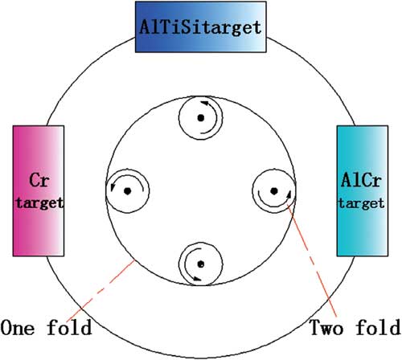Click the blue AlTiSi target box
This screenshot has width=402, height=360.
point(201,27)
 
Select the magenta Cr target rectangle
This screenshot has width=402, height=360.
point(39,191)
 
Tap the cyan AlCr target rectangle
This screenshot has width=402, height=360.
point(363,191)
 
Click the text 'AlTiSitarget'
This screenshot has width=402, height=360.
point(200,27)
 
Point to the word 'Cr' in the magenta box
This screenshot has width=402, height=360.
point(39,180)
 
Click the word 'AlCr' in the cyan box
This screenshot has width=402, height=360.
point(361,180)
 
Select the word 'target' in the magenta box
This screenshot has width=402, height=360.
point(39,202)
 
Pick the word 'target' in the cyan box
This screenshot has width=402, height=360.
point(362,203)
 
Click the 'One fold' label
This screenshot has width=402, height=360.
point(46,327)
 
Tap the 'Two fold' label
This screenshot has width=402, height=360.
point(355,327)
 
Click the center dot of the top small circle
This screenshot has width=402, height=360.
point(201,118)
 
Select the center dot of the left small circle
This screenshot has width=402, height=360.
point(128,191)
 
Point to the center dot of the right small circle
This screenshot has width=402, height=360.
point(274,191)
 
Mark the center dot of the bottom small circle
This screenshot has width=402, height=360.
point(201,264)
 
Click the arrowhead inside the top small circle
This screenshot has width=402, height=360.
point(205,103)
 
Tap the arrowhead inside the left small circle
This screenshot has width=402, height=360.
point(113,187)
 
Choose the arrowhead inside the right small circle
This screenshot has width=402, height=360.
point(289,194)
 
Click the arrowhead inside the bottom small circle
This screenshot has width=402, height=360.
point(197,279)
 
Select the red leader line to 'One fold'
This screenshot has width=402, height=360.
point(100,290)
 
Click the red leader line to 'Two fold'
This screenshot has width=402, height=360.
point(312,261)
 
